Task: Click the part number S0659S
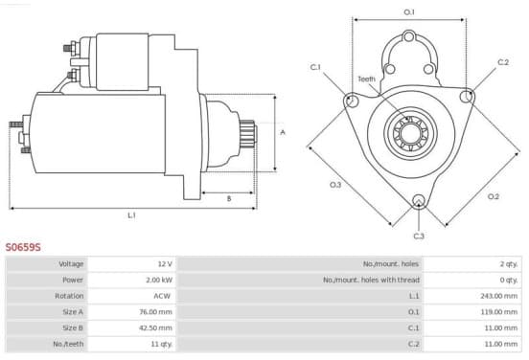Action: point(23,247)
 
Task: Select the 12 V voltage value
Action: point(165,263)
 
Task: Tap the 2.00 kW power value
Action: point(159,280)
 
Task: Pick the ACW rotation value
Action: point(162,296)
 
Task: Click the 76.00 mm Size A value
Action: point(156,312)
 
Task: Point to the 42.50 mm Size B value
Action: point(156,327)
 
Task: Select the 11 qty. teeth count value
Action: point(162,344)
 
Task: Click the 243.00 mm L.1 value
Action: point(499,296)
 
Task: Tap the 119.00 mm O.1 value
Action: point(499,312)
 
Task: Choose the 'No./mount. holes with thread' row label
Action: point(371,280)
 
